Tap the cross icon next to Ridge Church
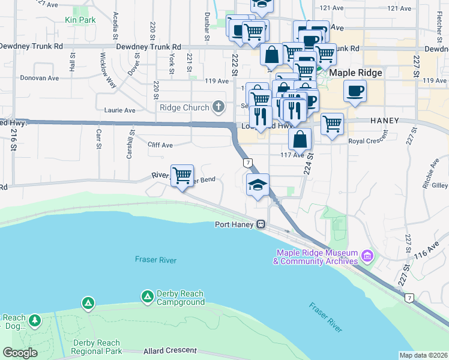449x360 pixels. pos(219,107)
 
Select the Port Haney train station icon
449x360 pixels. pos(261,224)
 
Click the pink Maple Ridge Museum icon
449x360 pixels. pos(367,257)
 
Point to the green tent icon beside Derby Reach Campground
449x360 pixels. pos(147,296)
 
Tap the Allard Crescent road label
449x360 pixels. pos(170,350)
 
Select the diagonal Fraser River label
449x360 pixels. pos(326,317)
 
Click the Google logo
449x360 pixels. pos(20,353)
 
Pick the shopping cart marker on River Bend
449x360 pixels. pos(182,176)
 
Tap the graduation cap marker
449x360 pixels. pos(258,185)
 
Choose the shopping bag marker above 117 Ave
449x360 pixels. pos(300,139)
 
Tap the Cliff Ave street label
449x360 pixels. pos(160,145)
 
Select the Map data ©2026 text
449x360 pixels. pos(424,355)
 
